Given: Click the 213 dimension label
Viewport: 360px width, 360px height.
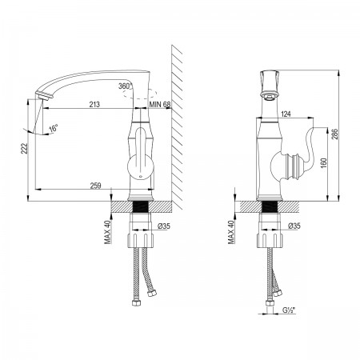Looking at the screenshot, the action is click(94, 104).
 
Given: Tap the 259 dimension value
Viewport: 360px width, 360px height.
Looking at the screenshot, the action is click(95, 186).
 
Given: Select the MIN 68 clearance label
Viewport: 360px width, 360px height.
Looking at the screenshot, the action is click(159, 104).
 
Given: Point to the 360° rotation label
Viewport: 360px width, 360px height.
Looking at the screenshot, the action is click(126, 86).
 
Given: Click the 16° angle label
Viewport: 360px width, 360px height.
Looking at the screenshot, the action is click(54, 129).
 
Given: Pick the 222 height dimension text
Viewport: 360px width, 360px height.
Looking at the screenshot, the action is click(24, 149).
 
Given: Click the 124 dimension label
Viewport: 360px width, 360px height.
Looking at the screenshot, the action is click(286, 114).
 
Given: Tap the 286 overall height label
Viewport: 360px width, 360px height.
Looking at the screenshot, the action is click(335, 134).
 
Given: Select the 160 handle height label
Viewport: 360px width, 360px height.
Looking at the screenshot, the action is click(324, 164).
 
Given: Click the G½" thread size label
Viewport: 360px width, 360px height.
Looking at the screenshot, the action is click(288, 310).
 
